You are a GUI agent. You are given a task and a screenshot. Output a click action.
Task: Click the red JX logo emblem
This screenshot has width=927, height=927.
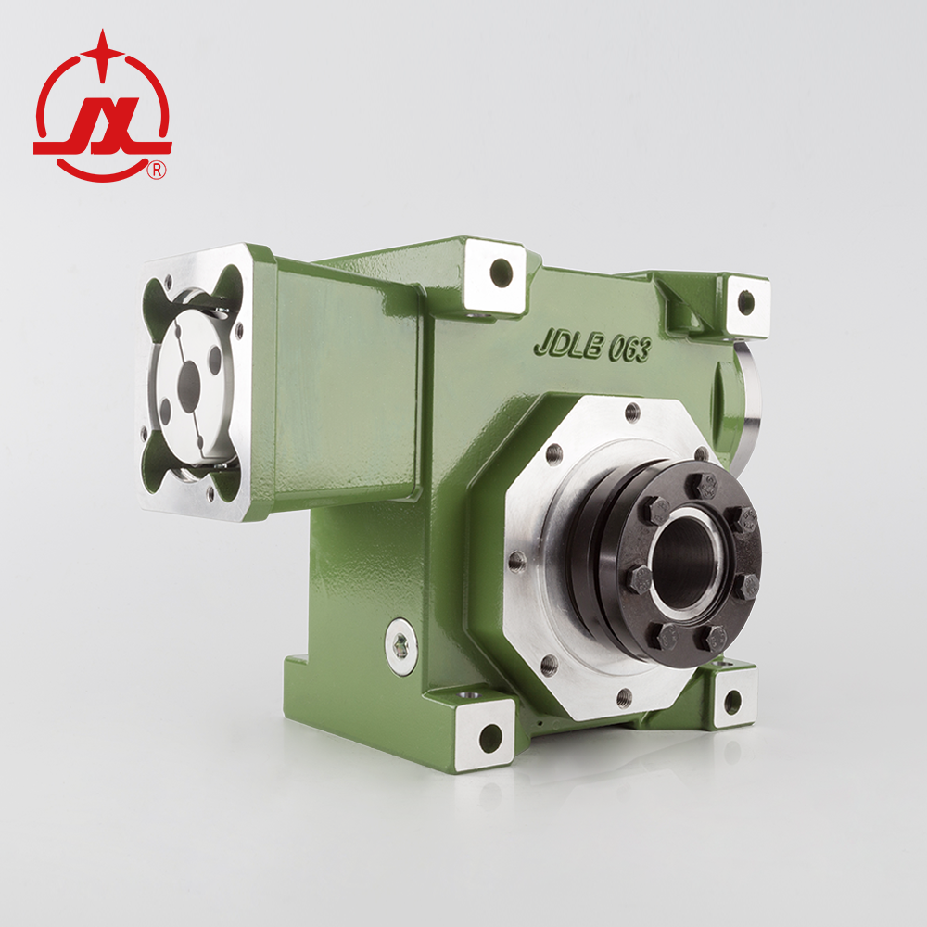[102, 111]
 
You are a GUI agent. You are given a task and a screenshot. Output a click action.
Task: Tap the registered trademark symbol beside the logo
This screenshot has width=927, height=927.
[157, 170]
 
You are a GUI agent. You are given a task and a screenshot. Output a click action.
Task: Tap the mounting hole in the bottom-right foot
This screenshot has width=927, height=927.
[732, 702]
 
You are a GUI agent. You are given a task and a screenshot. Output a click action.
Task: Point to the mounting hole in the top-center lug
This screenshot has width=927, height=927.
[501, 272]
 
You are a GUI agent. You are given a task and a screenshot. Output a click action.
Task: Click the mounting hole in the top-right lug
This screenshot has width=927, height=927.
[746, 302]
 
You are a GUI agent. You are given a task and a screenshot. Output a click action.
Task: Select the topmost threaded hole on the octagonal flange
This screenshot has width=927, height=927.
[633, 411]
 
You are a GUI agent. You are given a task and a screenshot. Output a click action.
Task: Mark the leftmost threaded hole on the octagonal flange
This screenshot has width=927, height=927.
[516, 561]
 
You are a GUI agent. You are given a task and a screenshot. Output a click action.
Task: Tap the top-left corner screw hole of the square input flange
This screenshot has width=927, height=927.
[167, 281]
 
